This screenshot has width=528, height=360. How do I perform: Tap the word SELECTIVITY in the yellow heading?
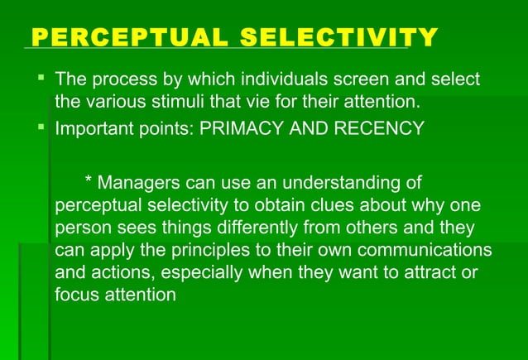(x=339, y=37)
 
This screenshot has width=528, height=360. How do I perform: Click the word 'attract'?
(x=426, y=272)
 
